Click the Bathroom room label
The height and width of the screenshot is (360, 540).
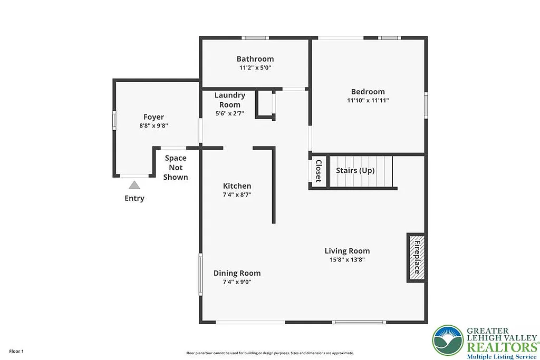point(255,59)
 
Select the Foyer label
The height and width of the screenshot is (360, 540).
point(153,117)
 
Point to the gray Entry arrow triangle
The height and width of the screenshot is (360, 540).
point(134,185)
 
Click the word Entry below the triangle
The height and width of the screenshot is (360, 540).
point(134,198)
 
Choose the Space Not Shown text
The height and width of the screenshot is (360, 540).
point(176,168)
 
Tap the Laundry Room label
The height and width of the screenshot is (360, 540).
point(229,100)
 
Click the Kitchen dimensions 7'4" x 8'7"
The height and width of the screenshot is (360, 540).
point(237,194)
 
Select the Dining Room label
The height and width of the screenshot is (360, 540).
point(237,273)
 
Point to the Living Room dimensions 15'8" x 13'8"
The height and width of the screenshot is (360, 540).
point(347,259)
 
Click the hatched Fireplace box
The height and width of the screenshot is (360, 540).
point(416,257)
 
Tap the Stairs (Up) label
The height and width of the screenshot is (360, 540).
point(355,170)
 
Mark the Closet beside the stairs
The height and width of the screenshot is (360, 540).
point(318,171)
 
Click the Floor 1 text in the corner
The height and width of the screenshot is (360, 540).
point(16,351)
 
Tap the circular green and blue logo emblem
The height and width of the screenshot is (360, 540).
point(448,340)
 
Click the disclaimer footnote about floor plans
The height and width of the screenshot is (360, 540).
point(269,353)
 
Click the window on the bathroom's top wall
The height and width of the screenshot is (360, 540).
point(255,38)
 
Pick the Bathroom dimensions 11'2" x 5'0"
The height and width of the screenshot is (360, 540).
point(255,67)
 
